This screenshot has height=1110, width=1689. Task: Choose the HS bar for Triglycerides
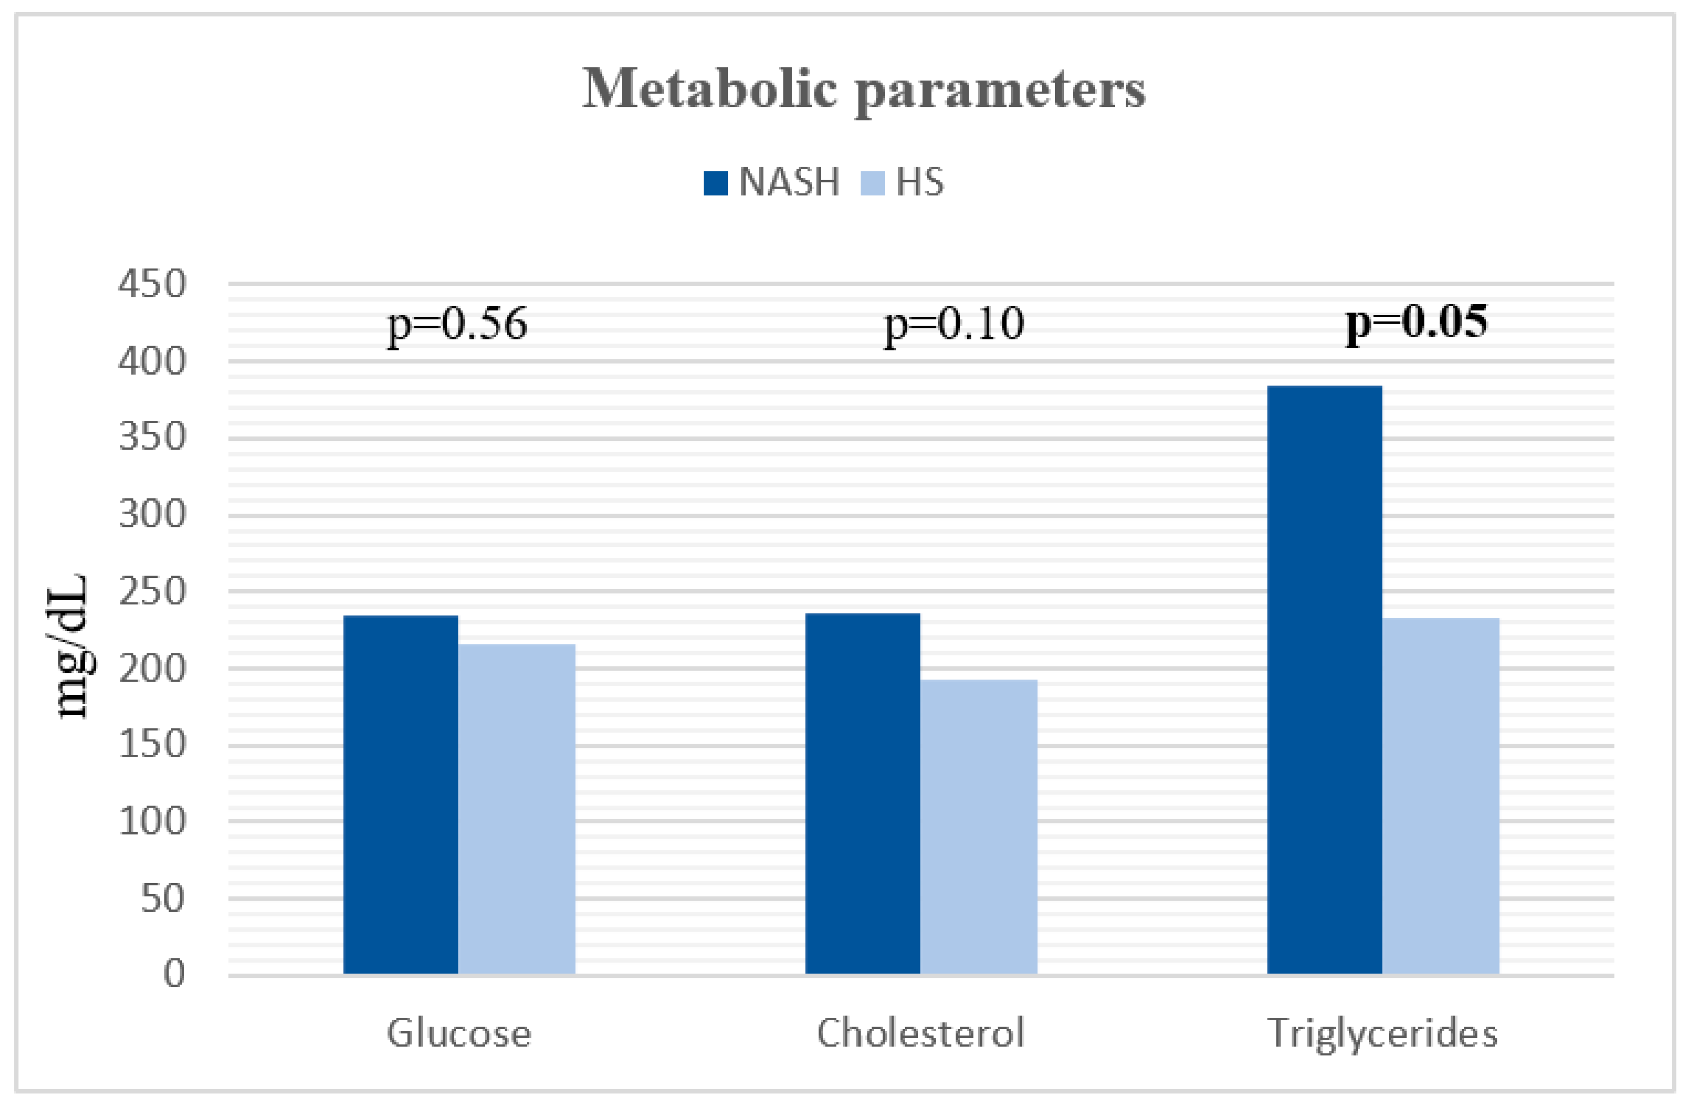[1441, 795]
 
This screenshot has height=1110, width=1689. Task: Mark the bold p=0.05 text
[1416, 322]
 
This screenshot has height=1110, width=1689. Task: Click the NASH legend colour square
[715, 183]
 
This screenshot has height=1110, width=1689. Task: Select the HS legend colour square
[872, 183]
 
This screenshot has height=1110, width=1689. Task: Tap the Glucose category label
[458, 1033]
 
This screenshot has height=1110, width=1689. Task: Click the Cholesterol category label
[920, 1033]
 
